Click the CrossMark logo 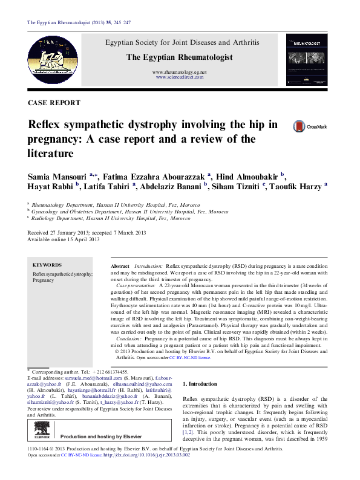[309, 126]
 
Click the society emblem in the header [56, 59]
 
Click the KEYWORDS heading [47, 265]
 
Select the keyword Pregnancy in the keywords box [43, 281]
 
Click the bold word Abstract [120, 267]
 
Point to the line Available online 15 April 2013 [64, 239]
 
